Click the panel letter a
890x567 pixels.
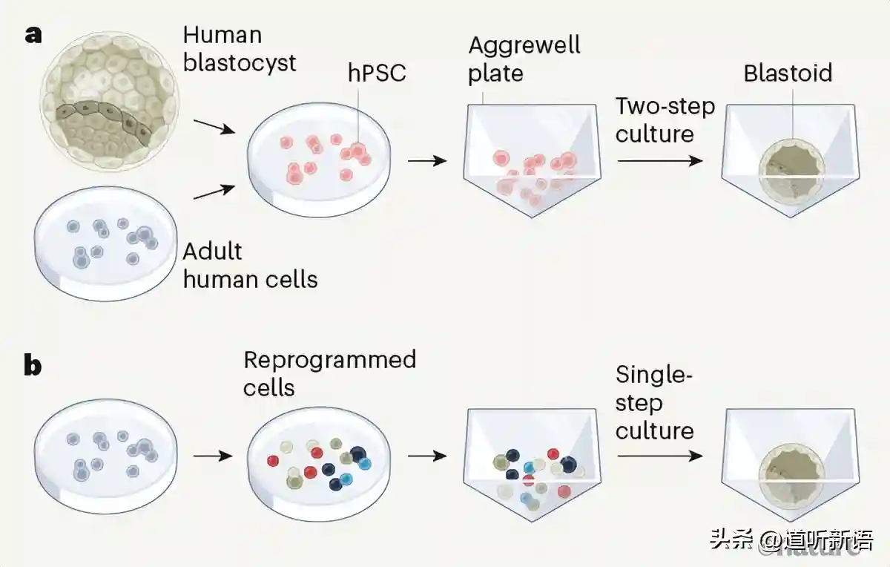click(x=33, y=34)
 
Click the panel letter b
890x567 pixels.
click(x=33, y=366)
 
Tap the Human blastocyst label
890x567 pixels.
click(x=239, y=47)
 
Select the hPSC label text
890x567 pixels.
click(x=377, y=73)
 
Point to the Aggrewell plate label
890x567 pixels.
click(x=524, y=59)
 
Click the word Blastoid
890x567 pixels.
click(x=788, y=73)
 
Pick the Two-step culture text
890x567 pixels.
click(x=665, y=119)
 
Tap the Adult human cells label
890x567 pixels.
click(x=250, y=265)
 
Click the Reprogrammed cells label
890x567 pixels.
click(x=329, y=373)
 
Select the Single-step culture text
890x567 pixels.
click(x=654, y=403)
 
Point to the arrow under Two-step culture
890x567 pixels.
click(x=659, y=160)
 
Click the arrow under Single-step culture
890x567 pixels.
click(x=659, y=456)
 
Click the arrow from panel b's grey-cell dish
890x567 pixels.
click(x=212, y=455)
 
